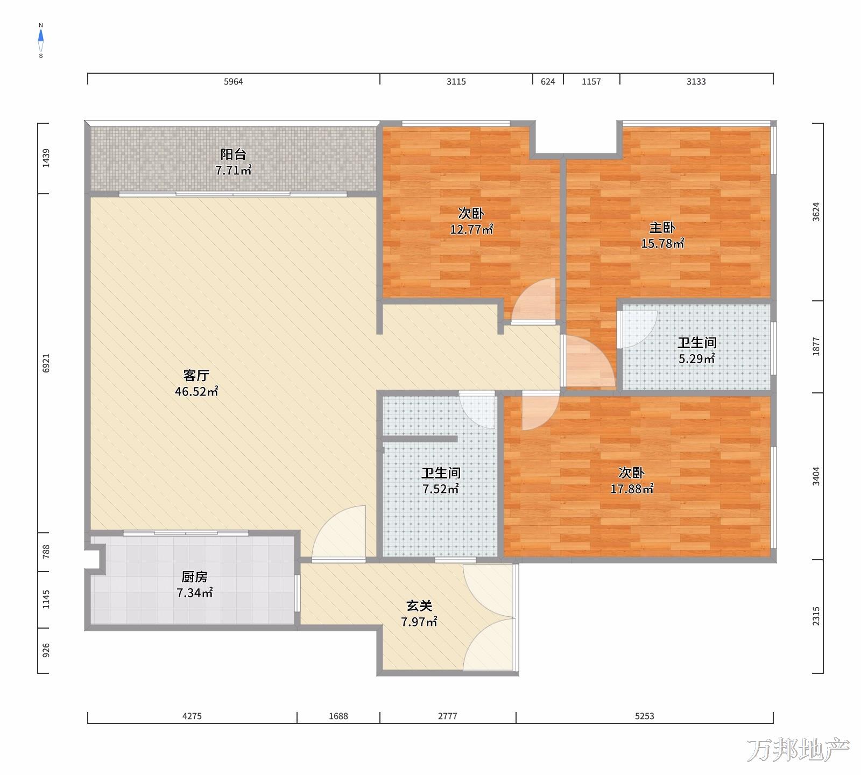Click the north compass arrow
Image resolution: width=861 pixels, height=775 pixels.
pyautogui.click(x=41, y=37)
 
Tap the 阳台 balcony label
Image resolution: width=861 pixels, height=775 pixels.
pyautogui.click(x=234, y=154)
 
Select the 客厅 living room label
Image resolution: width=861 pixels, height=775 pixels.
pyautogui.click(x=196, y=375)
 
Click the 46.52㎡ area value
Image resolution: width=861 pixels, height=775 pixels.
pyautogui.click(x=196, y=392)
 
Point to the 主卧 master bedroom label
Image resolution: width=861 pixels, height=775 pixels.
pyautogui.click(x=662, y=227)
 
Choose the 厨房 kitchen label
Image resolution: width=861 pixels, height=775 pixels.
pyautogui.click(x=194, y=577)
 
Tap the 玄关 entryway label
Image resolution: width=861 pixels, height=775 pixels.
pyautogui.click(x=419, y=606)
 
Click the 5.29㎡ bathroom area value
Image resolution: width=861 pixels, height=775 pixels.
pyautogui.click(x=696, y=359)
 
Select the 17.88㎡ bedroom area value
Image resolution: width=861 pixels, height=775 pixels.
pyautogui.click(x=632, y=489)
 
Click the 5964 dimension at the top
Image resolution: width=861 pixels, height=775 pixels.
pyautogui.click(x=234, y=82)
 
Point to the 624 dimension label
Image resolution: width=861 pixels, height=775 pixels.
pyautogui.click(x=548, y=82)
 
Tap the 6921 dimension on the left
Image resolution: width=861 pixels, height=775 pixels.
pyautogui.click(x=46, y=363)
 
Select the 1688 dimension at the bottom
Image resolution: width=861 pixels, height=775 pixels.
pyautogui.click(x=338, y=716)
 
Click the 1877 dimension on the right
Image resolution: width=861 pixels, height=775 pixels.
pyautogui.click(x=816, y=347)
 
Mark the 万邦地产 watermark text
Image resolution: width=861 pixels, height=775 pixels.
pyautogui.click(x=798, y=750)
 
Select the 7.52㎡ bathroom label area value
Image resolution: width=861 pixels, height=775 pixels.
pyautogui.click(x=441, y=489)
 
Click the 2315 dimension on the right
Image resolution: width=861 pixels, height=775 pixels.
pyautogui.click(x=816, y=616)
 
